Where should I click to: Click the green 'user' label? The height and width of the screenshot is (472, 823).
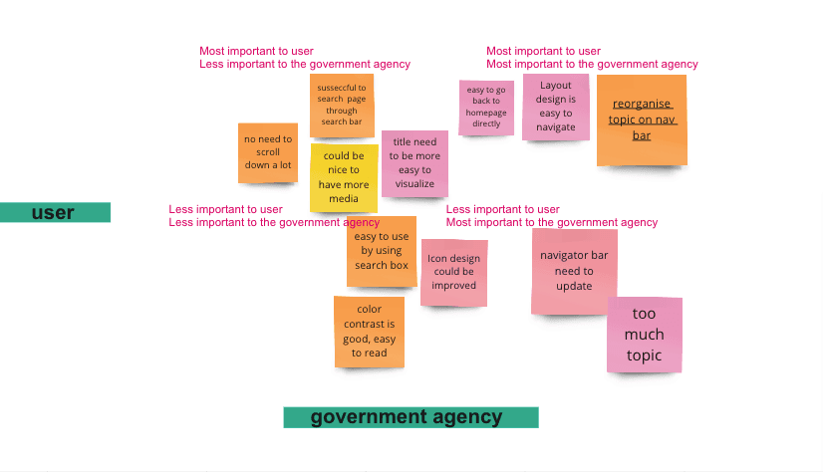(x=55, y=212)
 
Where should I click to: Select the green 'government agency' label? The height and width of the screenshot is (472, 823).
(x=411, y=417)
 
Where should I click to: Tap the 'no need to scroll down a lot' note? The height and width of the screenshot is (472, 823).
(x=268, y=152)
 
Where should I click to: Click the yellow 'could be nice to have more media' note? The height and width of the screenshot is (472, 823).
(x=344, y=178)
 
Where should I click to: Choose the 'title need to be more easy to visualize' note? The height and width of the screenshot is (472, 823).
(x=414, y=163)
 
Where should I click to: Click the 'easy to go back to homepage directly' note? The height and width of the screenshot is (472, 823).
(x=486, y=107)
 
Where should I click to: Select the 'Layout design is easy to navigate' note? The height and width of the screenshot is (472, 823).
(x=556, y=107)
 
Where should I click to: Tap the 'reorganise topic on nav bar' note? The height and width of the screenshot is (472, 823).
(x=642, y=119)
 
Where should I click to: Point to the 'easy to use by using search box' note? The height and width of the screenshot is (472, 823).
(x=382, y=251)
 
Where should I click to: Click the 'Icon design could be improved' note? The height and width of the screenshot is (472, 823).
(x=454, y=272)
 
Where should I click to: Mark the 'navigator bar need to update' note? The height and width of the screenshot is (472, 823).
(x=574, y=271)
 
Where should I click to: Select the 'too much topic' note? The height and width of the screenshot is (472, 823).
(x=645, y=335)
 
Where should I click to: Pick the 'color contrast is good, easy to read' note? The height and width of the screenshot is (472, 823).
(x=369, y=332)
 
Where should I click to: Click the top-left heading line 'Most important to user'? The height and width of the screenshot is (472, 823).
(x=257, y=51)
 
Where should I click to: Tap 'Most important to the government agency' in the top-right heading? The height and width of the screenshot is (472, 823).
(x=592, y=64)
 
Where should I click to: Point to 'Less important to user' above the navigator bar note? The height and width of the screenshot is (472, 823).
(x=502, y=209)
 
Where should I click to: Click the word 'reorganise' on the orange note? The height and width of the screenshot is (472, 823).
(x=642, y=104)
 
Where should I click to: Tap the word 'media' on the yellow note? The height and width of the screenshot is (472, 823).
(x=344, y=198)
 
